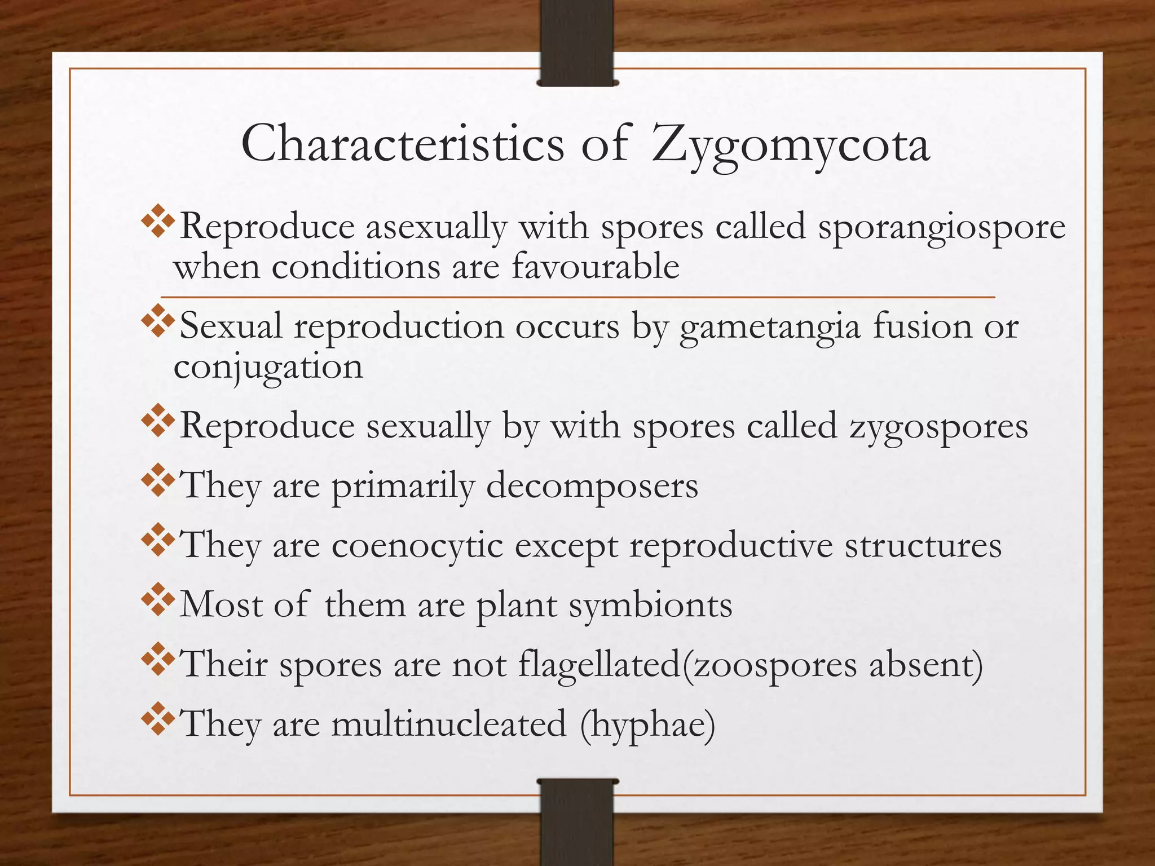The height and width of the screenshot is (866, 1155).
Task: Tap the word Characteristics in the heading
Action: coord(403,144)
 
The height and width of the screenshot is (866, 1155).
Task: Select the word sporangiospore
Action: coord(942,228)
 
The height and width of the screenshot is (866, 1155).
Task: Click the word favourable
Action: coord(596,267)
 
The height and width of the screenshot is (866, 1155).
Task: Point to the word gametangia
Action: coord(770,328)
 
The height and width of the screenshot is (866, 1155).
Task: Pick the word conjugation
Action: coord(268,368)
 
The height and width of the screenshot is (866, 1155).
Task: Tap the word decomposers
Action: coord(592,486)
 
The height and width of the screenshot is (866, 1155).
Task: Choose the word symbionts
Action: coord(650,606)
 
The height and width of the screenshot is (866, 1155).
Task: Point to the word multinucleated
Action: coord(449,724)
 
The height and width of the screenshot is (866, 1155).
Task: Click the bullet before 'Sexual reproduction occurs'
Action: coord(158,321)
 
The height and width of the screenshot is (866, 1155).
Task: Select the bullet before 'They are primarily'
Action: coord(158,480)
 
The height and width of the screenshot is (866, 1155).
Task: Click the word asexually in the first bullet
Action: coord(437,228)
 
